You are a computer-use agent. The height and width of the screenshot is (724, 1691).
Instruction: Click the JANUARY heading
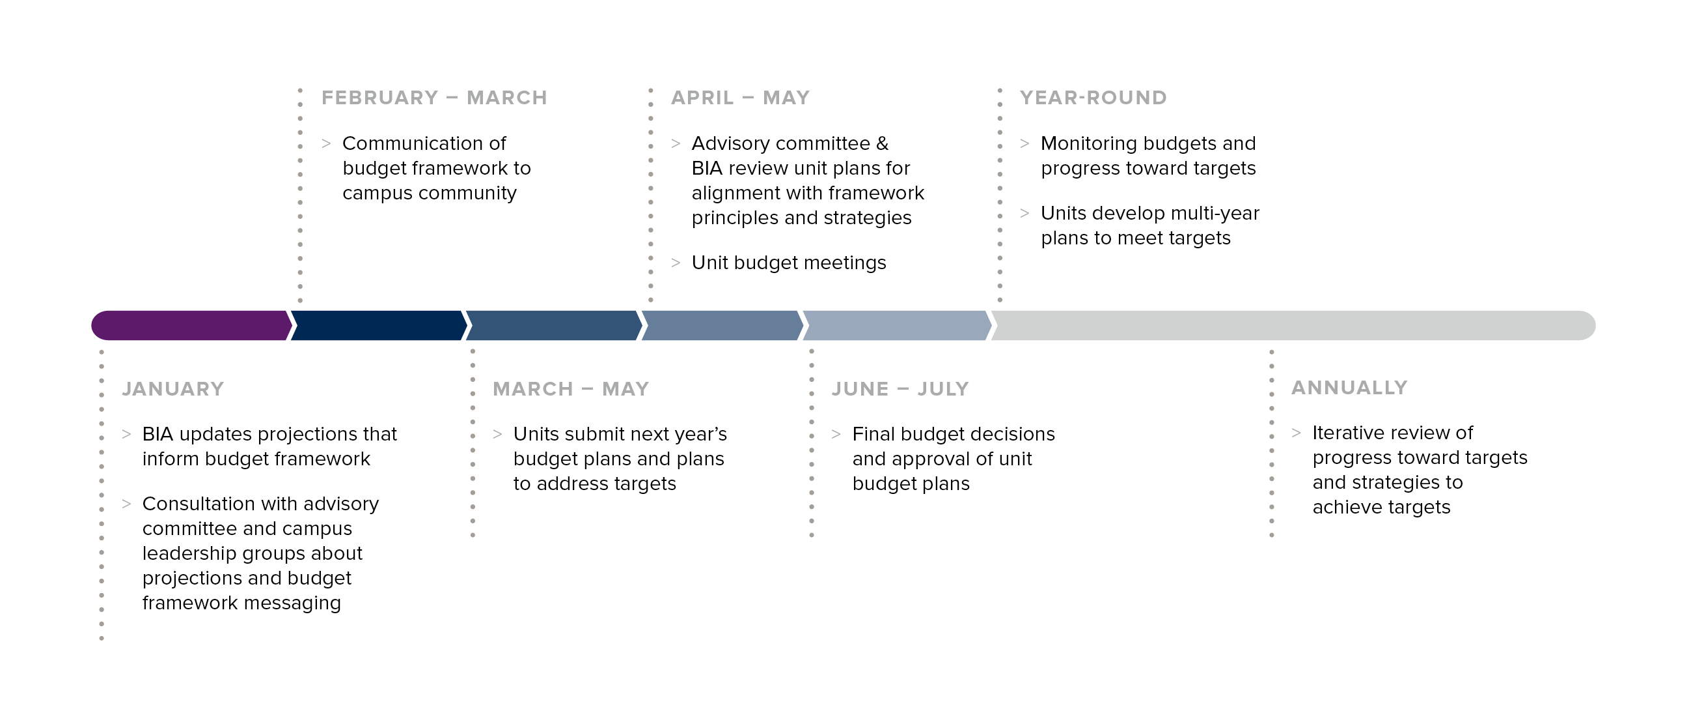coord(172,389)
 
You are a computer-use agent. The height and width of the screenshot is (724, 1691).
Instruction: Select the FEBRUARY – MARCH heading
coord(434,98)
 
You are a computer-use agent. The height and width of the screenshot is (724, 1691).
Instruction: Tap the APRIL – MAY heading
coord(740,98)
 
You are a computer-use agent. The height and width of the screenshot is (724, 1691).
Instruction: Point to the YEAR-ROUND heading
coord(1093,98)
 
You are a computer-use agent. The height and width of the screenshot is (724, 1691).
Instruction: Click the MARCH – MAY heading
coord(570,389)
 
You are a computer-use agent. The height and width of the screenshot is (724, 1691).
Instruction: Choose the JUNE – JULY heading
coord(900,389)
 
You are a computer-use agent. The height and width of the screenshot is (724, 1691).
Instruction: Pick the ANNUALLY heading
coord(1349,388)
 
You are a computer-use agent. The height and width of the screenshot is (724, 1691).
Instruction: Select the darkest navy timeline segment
coord(379,325)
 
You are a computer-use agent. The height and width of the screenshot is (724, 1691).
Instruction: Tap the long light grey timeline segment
coord(1293,325)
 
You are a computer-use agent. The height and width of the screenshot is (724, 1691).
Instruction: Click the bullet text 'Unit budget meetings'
coord(788,263)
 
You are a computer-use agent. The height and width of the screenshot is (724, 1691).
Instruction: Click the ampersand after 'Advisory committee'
coord(882,143)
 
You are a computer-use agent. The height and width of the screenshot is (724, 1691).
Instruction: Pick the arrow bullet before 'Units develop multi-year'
coord(1024,213)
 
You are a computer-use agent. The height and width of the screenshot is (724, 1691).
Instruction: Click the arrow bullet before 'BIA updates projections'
coord(126,433)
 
